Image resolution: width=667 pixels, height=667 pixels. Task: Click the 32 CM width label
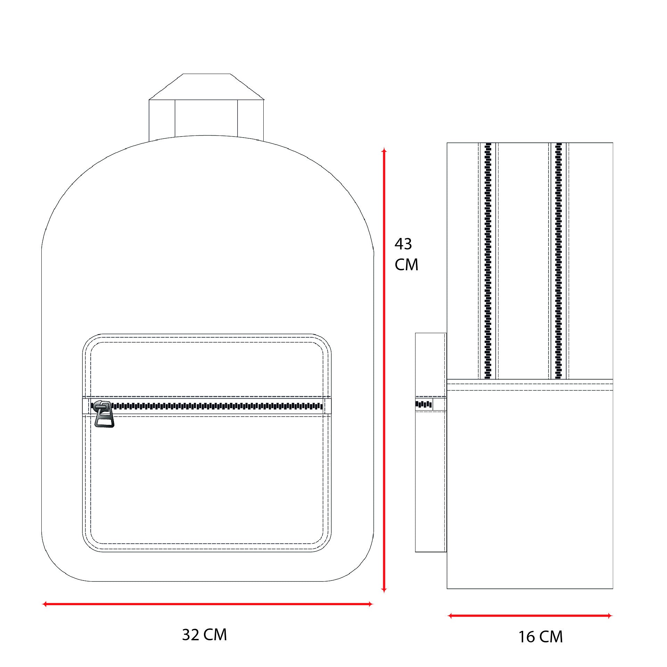204,635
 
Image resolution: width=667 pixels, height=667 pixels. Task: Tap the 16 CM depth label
541,637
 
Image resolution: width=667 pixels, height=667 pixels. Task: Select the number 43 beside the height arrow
403,244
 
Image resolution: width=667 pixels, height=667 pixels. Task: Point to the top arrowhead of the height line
384,150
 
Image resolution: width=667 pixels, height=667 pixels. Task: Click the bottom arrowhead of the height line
384,590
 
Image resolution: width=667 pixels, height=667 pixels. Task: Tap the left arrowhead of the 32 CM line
44,604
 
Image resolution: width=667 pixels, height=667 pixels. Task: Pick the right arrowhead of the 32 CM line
370,604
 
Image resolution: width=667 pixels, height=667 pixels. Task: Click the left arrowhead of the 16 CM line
450,616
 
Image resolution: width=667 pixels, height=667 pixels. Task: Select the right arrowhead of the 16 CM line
610,616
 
